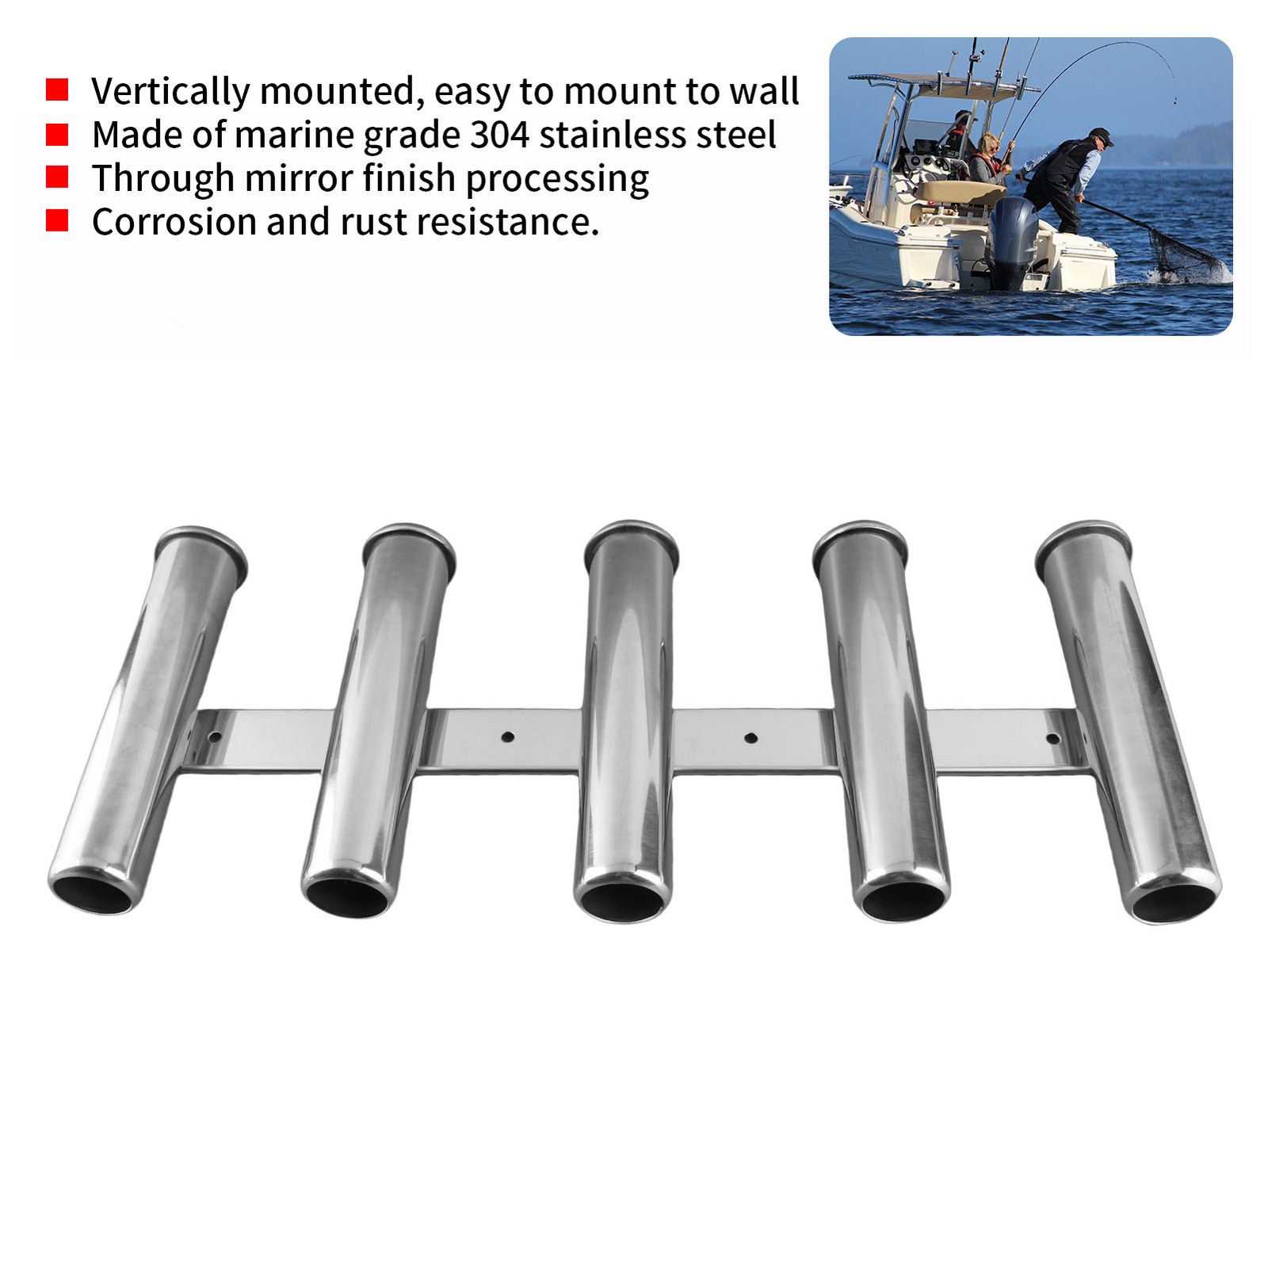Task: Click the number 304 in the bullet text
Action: [x=499, y=135]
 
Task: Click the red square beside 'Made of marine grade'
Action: [x=57, y=134]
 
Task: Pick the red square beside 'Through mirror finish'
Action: [x=57, y=177]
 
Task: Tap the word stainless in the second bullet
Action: [x=610, y=135]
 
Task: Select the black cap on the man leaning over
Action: [x=1101, y=136]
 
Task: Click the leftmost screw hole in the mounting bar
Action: [x=214, y=737]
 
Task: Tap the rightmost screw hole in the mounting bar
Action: [x=1052, y=739]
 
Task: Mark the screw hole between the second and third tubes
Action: [x=508, y=737]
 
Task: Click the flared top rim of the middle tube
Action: [x=631, y=537]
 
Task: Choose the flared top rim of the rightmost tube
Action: [x=1079, y=534]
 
